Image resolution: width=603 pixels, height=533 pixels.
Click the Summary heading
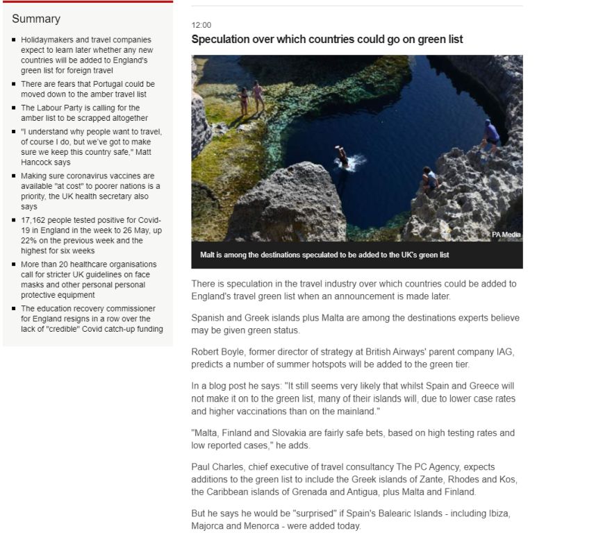pos(36,19)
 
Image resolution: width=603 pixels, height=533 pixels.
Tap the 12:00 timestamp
pos(201,25)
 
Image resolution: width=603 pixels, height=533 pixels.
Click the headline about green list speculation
pos(327,40)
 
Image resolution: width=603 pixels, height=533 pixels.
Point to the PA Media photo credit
pos(506,235)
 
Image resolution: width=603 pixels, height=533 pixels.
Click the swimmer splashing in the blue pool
pos(342,158)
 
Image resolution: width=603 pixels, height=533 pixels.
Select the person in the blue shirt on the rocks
pos(491,134)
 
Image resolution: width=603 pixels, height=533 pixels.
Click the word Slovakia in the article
pos(282,433)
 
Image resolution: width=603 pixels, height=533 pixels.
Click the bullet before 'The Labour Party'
pos(14,108)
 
